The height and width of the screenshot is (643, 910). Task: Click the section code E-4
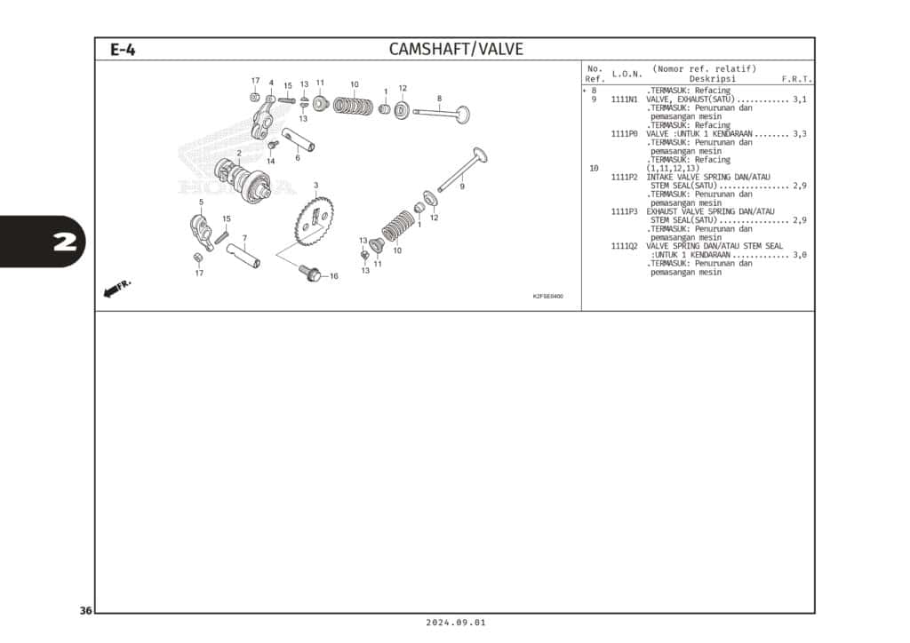[x=123, y=50]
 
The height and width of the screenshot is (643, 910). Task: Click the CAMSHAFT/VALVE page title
[x=456, y=49]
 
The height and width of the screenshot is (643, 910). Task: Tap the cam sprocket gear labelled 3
[x=315, y=220]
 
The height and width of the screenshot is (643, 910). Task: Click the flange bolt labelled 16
[x=310, y=273]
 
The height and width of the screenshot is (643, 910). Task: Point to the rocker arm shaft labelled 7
[x=243, y=255]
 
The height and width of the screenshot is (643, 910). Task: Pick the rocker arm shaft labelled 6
[x=299, y=139]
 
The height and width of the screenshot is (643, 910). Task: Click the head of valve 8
[x=462, y=115]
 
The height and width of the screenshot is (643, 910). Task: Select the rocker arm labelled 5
[x=200, y=231]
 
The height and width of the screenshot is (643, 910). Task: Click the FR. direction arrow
[x=117, y=288]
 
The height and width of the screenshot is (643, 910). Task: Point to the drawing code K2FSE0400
[x=547, y=297]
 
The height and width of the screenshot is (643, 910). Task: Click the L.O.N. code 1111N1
[x=624, y=99]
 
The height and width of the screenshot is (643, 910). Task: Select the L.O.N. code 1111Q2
[x=624, y=246]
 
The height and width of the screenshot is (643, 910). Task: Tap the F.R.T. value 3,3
[x=800, y=134]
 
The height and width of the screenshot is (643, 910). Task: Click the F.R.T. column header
[x=797, y=79]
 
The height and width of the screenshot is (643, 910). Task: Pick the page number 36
[x=86, y=610]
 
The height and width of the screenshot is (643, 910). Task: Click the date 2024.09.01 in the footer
[x=456, y=623]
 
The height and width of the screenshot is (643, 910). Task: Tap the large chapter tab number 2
[x=65, y=242]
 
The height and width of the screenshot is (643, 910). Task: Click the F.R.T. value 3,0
[x=800, y=255]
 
